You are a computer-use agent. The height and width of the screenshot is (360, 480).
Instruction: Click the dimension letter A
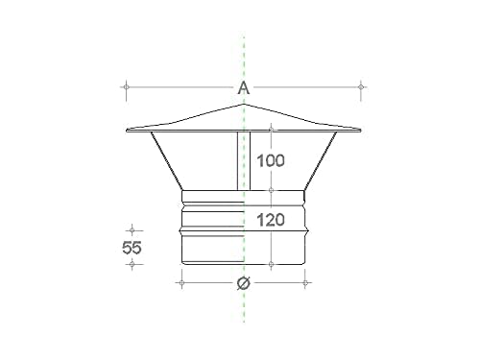(x=244, y=87)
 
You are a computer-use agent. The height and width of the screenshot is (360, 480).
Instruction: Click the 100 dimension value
(x=271, y=160)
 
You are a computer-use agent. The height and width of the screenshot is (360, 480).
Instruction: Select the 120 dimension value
(x=271, y=220)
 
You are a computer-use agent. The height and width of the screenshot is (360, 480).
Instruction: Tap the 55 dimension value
(x=132, y=248)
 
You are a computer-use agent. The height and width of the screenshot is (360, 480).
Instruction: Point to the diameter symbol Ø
(x=244, y=283)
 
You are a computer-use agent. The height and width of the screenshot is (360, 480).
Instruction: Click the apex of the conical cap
(x=244, y=104)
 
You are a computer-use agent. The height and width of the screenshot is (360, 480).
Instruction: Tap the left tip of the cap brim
(x=127, y=131)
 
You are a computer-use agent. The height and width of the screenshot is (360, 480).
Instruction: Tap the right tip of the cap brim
(x=361, y=130)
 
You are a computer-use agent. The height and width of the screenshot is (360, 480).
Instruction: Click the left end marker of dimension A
(x=126, y=86)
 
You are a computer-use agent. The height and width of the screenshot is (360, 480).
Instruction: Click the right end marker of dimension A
(x=361, y=86)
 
